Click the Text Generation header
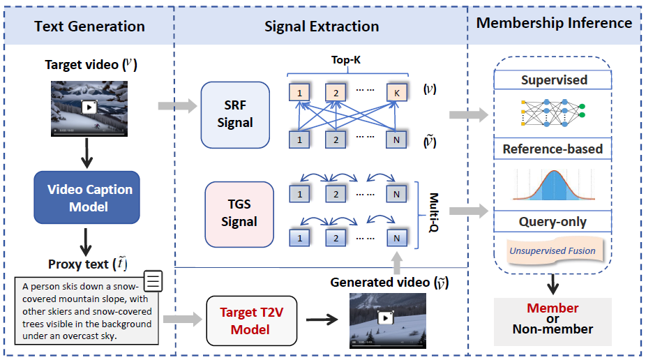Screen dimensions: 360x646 click(89, 27)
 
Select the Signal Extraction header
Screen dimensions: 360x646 click(322, 27)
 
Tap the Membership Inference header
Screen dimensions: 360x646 click(554, 22)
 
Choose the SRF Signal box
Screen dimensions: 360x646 click(234, 114)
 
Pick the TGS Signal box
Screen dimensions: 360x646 click(239, 214)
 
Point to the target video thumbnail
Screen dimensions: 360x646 click(89, 108)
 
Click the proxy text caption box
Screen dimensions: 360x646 click(88, 310)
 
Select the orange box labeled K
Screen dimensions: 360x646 click(396, 92)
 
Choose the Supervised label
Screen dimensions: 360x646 click(554, 80)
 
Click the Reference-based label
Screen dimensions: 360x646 click(553, 149)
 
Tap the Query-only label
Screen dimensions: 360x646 click(553, 222)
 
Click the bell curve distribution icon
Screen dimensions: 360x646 click(553, 185)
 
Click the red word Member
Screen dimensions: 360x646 click(553, 308)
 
